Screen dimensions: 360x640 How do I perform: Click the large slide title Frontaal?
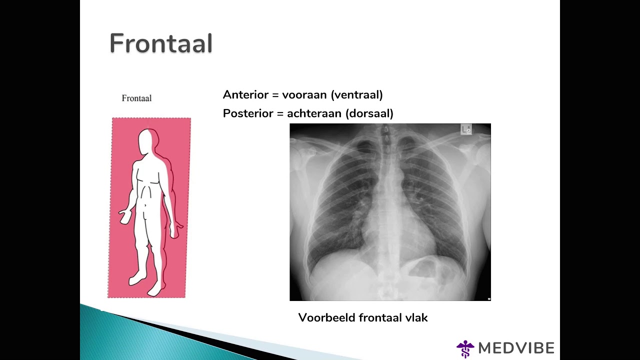pyautogui.click(x=161, y=43)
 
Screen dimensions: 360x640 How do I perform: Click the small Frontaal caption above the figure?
pyautogui.click(x=136, y=98)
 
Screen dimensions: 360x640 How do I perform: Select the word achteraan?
pyautogui.click(x=314, y=113)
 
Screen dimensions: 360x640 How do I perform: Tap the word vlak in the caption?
pyautogui.click(x=416, y=317)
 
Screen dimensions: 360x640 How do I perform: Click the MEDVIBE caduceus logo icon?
pyautogui.click(x=465, y=348)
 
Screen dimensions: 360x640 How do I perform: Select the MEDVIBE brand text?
pyautogui.click(x=516, y=348)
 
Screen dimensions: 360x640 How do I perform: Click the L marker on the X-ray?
pyautogui.click(x=465, y=130)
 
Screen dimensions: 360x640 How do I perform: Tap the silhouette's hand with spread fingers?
pyautogui.click(x=126, y=216)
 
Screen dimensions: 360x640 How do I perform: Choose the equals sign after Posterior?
pyautogui.click(x=280, y=114)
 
